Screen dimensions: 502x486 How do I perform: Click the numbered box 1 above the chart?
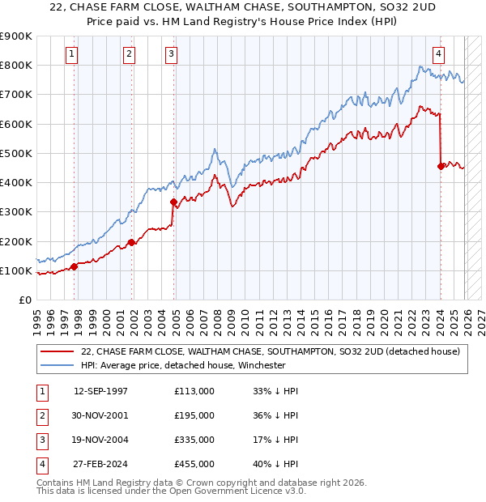click(72, 54)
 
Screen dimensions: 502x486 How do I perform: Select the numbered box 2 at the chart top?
click(129, 54)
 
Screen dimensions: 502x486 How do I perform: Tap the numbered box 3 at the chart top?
click(172, 54)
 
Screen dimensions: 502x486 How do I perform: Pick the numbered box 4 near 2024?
click(438, 54)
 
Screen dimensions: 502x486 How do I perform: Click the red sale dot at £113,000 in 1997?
click(75, 266)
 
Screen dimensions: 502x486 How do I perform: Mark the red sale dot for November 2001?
click(132, 242)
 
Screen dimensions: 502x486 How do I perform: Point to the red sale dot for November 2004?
click(173, 202)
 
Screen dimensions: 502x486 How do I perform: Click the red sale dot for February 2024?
click(441, 166)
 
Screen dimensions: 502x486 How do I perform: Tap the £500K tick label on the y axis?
click(16, 153)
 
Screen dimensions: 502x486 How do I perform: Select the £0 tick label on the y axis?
click(24, 300)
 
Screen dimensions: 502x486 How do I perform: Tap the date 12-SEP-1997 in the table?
click(100, 391)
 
